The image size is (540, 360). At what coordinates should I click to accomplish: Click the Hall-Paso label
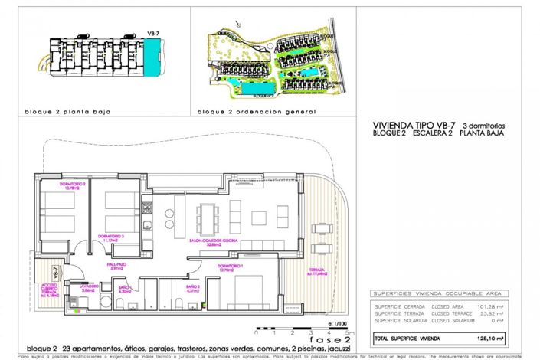coord(117,267)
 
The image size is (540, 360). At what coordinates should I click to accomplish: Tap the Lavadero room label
coord(87,289)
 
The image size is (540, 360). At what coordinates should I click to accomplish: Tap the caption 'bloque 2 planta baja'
coord(67,111)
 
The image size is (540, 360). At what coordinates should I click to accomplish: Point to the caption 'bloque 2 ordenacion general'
coord(256,111)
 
